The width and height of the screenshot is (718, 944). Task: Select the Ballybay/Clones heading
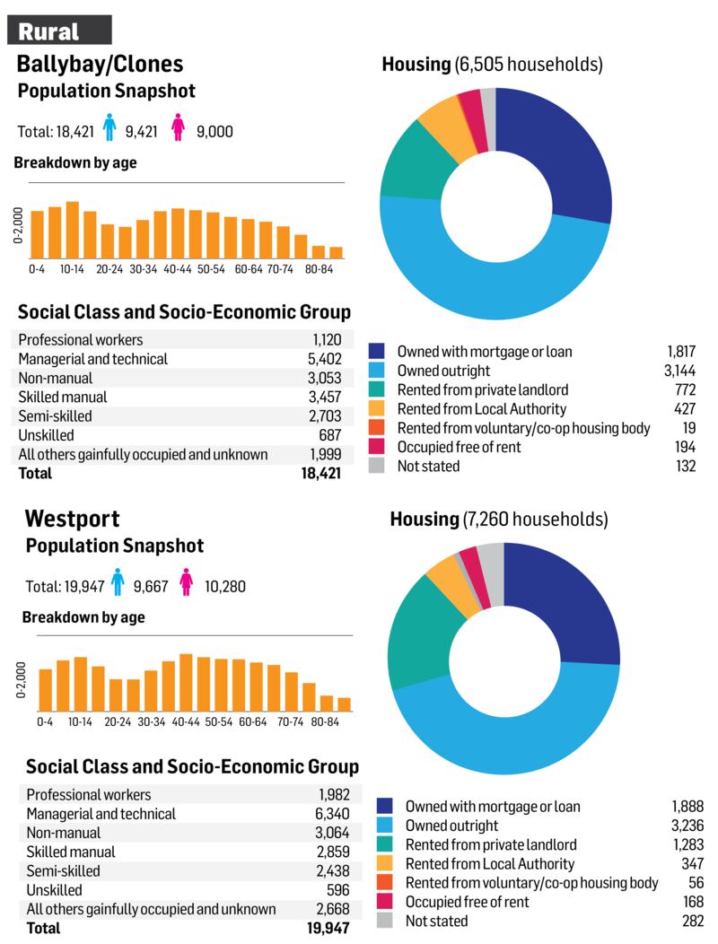point(100,64)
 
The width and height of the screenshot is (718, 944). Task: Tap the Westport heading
point(73,518)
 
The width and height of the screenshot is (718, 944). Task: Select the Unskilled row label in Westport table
point(54,890)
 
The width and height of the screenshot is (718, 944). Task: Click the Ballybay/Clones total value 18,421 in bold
point(321,473)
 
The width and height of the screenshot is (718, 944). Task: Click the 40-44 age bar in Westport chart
point(187,682)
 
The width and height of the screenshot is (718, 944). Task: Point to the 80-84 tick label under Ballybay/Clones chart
point(319,267)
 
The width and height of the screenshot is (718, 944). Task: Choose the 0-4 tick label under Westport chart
point(46,721)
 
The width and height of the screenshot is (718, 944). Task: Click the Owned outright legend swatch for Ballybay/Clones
point(377,371)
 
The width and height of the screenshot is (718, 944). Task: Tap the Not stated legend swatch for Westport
point(385,921)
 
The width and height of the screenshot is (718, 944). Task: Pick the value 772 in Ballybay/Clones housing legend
point(685,389)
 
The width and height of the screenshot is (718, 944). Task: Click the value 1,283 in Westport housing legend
point(687,844)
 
